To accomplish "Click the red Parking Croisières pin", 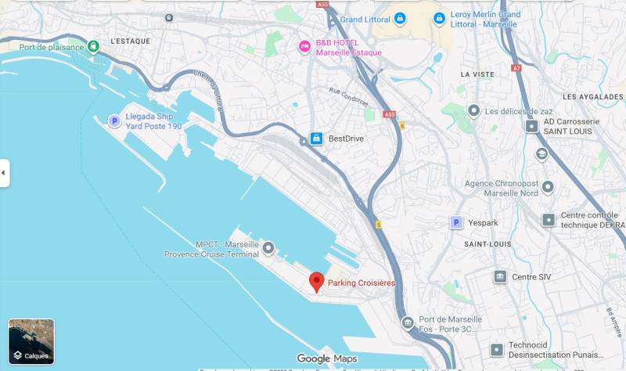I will [x=316, y=282].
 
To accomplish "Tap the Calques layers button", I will [x=31, y=342].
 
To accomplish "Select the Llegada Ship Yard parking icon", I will [x=114, y=121].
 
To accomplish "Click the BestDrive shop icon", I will [x=315, y=139].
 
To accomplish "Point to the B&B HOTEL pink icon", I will [x=304, y=47].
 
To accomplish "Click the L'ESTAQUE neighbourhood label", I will [x=130, y=41].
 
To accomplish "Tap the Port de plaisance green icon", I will [x=94, y=47].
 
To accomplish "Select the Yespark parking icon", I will [x=456, y=222].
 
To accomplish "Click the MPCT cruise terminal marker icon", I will [x=268, y=249].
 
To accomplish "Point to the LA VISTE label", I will [x=477, y=74].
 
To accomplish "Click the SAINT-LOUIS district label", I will [x=487, y=244].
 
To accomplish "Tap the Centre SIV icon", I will [x=500, y=276].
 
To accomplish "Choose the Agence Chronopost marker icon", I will [x=547, y=188].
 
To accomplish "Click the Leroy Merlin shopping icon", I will [x=439, y=17].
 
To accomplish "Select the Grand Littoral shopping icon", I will [x=400, y=18].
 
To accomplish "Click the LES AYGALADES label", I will [x=592, y=96].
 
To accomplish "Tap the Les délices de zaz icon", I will [x=473, y=111].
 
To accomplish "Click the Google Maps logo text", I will [x=327, y=358].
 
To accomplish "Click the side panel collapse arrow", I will [x=5, y=172].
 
